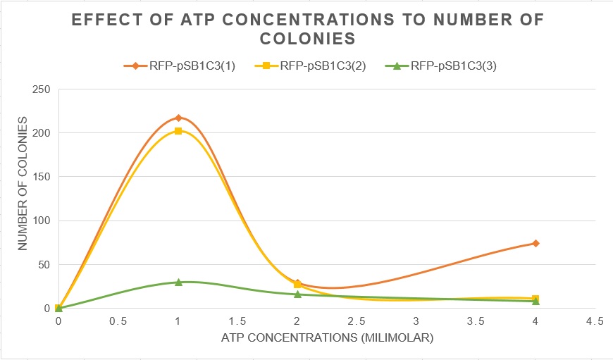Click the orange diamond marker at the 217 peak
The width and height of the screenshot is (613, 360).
[x=178, y=118]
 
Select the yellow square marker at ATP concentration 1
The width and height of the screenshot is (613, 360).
[x=178, y=131]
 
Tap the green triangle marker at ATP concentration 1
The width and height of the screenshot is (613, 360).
[x=178, y=282]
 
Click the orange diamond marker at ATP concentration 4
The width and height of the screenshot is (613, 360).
[x=535, y=243]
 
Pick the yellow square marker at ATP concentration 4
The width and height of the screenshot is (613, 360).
[x=535, y=299]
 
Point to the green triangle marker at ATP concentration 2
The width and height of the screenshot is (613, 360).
[x=297, y=294]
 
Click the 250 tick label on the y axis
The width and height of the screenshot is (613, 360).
[x=42, y=89]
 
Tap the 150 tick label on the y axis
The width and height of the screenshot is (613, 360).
[x=42, y=177]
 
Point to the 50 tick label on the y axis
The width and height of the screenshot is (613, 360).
[x=44, y=265]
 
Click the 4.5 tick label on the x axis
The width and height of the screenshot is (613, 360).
[x=595, y=321]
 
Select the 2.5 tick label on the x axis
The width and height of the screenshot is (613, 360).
[x=357, y=321]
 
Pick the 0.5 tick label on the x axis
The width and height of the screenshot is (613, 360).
[x=118, y=321]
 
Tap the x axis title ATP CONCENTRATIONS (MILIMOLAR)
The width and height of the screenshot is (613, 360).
[x=327, y=338]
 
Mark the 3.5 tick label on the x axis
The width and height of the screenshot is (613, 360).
[x=476, y=321]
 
